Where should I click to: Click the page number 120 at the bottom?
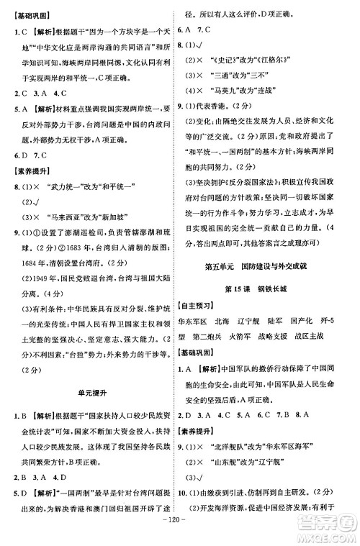click(179, 536)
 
